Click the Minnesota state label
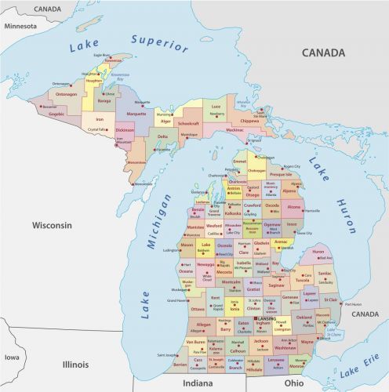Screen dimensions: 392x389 click(x=20, y=26)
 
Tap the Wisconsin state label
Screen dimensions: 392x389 click(x=52, y=225)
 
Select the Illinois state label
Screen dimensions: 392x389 click(x=76, y=365)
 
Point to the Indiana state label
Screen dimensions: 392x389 click(x=198, y=383)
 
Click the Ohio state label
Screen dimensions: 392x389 click(x=294, y=383)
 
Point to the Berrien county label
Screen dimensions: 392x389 click(x=180, y=364)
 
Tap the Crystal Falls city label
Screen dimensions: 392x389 click(x=96, y=130)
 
